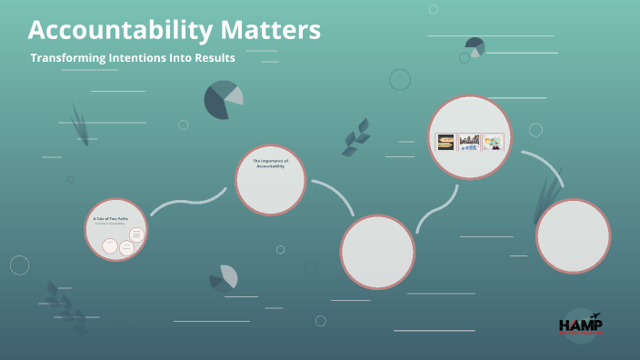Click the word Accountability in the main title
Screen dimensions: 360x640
121,30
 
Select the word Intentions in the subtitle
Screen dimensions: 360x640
149,57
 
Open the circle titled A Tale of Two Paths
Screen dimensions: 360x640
116,230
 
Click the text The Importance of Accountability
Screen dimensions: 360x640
270,164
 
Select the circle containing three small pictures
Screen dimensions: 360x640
470,136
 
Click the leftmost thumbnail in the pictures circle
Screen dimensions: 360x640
445,142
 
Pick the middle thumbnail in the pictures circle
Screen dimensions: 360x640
470,142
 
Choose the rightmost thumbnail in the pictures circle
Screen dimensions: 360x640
494,142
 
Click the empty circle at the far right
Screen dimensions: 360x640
573,235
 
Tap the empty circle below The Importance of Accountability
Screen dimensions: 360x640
377,252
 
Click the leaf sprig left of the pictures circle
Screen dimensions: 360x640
355,137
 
